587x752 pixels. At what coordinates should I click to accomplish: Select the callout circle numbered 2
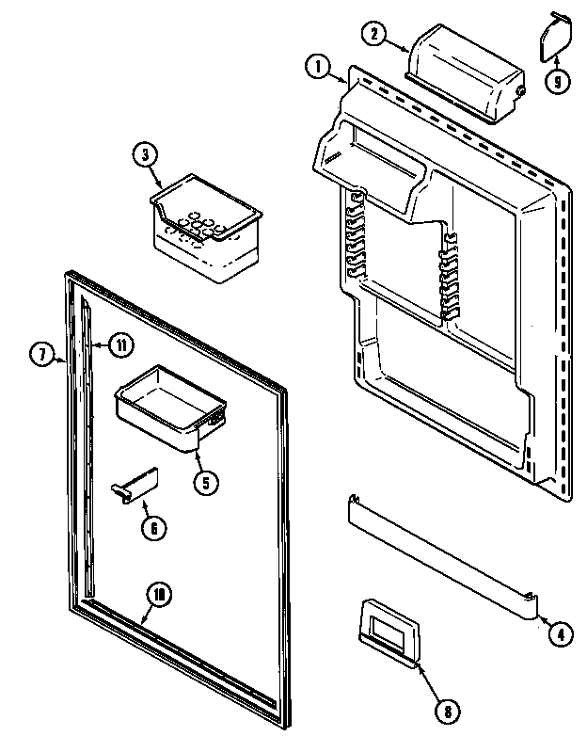(x=373, y=34)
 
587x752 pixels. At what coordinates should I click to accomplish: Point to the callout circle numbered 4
(x=559, y=634)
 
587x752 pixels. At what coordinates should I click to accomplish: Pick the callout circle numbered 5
(x=205, y=482)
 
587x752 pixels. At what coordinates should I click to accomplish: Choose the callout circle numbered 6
(x=151, y=528)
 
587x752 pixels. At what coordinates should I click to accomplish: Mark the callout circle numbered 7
(x=42, y=356)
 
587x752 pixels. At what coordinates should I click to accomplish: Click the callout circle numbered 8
(x=448, y=712)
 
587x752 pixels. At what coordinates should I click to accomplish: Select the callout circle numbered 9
(x=557, y=82)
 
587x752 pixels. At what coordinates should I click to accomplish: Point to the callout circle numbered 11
(x=119, y=345)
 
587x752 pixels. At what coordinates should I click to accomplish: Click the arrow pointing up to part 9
(x=554, y=62)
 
